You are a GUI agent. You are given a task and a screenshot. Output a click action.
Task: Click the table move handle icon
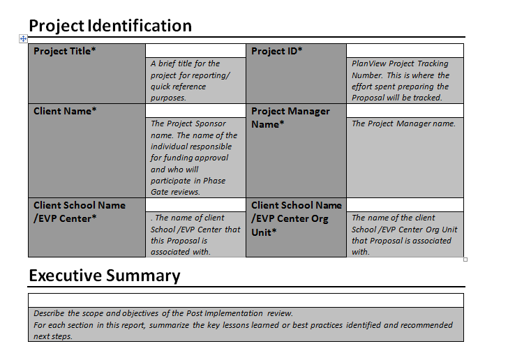point(23,39)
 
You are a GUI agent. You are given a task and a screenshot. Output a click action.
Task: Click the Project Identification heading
point(110,26)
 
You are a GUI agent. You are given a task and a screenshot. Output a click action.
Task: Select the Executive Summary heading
point(105,276)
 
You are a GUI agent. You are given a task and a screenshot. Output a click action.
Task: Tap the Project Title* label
point(64,51)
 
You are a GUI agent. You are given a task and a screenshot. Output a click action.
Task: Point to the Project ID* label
point(276,51)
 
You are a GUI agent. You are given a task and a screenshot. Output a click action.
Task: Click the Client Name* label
point(65,111)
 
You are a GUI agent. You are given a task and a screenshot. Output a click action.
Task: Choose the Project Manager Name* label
point(290,118)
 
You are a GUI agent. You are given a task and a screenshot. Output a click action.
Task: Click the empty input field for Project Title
point(195,51)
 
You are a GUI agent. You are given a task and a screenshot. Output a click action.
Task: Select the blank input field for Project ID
point(405,51)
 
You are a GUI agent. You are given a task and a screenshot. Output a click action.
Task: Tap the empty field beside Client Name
point(195,111)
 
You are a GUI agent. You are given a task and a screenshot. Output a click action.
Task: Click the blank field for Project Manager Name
point(405,111)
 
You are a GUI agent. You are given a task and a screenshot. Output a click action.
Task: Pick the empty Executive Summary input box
point(246,301)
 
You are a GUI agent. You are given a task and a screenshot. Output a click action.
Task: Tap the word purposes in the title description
point(168,98)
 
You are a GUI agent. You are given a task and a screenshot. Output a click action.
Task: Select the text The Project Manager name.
point(403,123)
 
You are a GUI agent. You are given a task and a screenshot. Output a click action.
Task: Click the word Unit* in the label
point(264,232)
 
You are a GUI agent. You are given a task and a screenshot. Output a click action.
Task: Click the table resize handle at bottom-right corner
point(465,260)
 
